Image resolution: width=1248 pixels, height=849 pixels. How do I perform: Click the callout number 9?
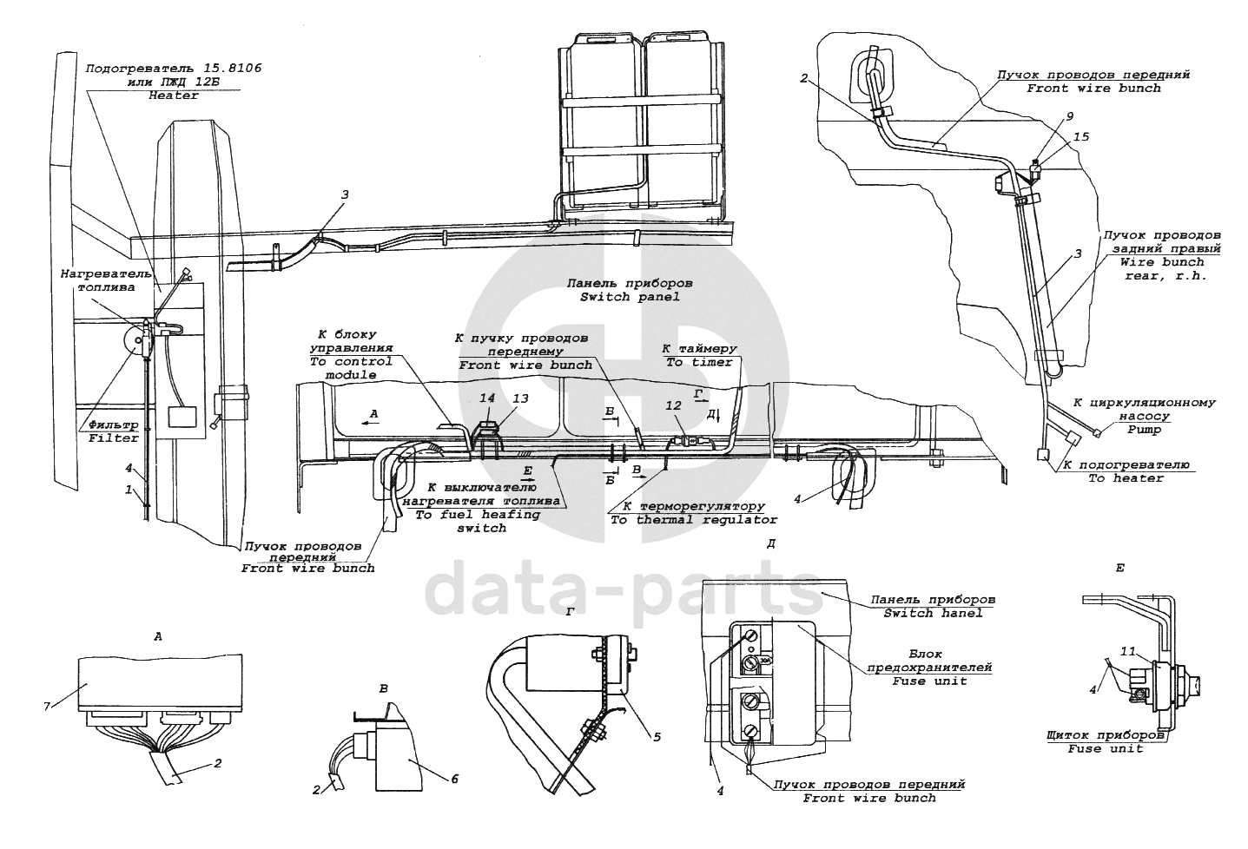coord(1070,116)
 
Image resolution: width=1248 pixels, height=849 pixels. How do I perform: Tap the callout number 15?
coord(1081,137)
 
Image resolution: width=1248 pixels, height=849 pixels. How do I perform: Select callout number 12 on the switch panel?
coord(674,405)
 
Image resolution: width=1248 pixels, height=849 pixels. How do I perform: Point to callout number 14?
coord(487,398)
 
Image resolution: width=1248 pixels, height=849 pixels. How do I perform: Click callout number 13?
coord(520,398)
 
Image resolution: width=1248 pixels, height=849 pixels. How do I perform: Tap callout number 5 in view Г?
coord(657,736)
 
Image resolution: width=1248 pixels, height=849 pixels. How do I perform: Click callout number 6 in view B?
coord(454,779)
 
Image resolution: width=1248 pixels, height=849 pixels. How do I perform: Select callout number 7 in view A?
coord(47,707)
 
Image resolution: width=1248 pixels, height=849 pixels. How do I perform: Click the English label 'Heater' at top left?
coord(174,95)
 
